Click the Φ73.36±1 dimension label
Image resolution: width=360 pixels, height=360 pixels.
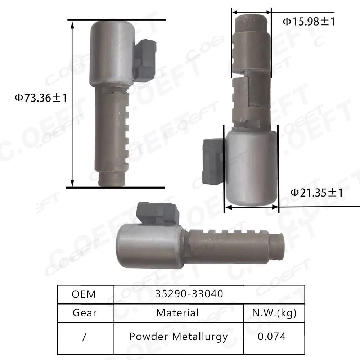(x=41, y=98)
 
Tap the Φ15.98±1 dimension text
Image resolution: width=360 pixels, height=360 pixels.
(x=309, y=22)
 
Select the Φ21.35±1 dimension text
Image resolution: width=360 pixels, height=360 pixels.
(x=316, y=193)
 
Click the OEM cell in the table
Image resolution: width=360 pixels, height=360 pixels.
(x=84, y=294)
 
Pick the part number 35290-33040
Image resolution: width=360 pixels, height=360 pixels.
(x=189, y=294)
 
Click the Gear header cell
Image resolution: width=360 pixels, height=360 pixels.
(x=84, y=312)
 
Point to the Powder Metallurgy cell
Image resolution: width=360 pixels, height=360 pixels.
(x=178, y=337)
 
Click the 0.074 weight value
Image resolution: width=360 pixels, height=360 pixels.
(x=272, y=337)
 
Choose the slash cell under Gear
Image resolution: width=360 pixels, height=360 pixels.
(x=84, y=337)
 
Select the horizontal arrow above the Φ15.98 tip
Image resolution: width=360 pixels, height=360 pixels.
(x=251, y=12)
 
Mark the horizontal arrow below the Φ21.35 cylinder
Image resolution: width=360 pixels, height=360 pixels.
(x=251, y=207)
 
